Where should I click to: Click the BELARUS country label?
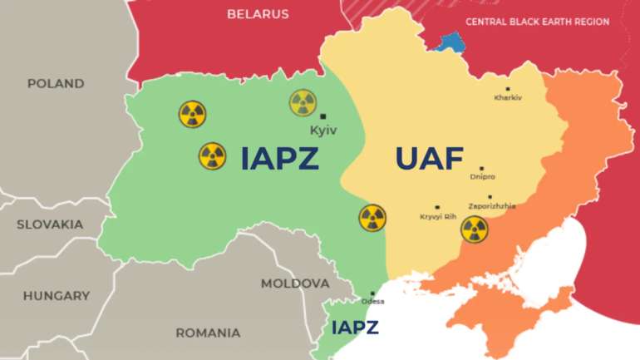click(x=258, y=14)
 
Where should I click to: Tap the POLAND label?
click(x=56, y=84)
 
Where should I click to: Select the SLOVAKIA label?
click(x=50, y=224)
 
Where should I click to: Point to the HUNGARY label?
click(x=57, y=296)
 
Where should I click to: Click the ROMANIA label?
click(x=207, y=333)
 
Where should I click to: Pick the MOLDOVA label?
click(x=295, y=284)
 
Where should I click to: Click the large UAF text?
click(x=429, y=158)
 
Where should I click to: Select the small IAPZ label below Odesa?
click(x=355, y=328)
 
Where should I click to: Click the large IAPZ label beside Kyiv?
click(x=279, y=158)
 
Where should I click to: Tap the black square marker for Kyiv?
click(x=323, y=116)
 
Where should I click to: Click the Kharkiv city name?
click(x=508, y=98)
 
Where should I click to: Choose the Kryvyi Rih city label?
click(x=438, y=217)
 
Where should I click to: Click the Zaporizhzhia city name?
click(x=492, y=206)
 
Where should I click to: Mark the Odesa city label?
click(x=372, y=301)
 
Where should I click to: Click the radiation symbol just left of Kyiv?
click(x=303, y=103)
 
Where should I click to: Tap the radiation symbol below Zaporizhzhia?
click(x=475, y=229)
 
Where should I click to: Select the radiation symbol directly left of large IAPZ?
click(x=212, y=155)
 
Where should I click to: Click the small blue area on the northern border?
click(x=452, y=42)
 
